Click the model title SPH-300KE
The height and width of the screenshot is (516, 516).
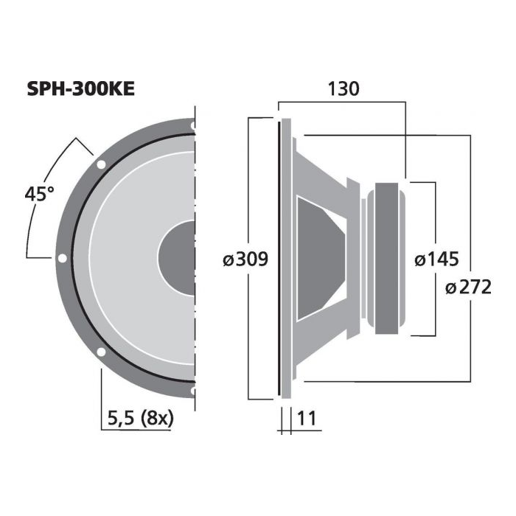coord(80,89)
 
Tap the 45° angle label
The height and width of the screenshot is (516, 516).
coord(39,193)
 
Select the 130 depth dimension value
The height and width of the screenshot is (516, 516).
coord(344,89)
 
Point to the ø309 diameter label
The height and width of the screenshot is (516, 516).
coord(245,259)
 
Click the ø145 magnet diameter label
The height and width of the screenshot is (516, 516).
coord(436,259)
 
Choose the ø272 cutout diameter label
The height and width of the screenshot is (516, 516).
coord(468,287)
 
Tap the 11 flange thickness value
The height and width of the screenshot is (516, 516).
coord(307,418)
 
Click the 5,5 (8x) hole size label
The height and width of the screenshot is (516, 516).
coord(141,419)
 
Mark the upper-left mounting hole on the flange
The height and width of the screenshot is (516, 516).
coord(101,164)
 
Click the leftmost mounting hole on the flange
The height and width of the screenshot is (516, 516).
coord(62,258)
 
